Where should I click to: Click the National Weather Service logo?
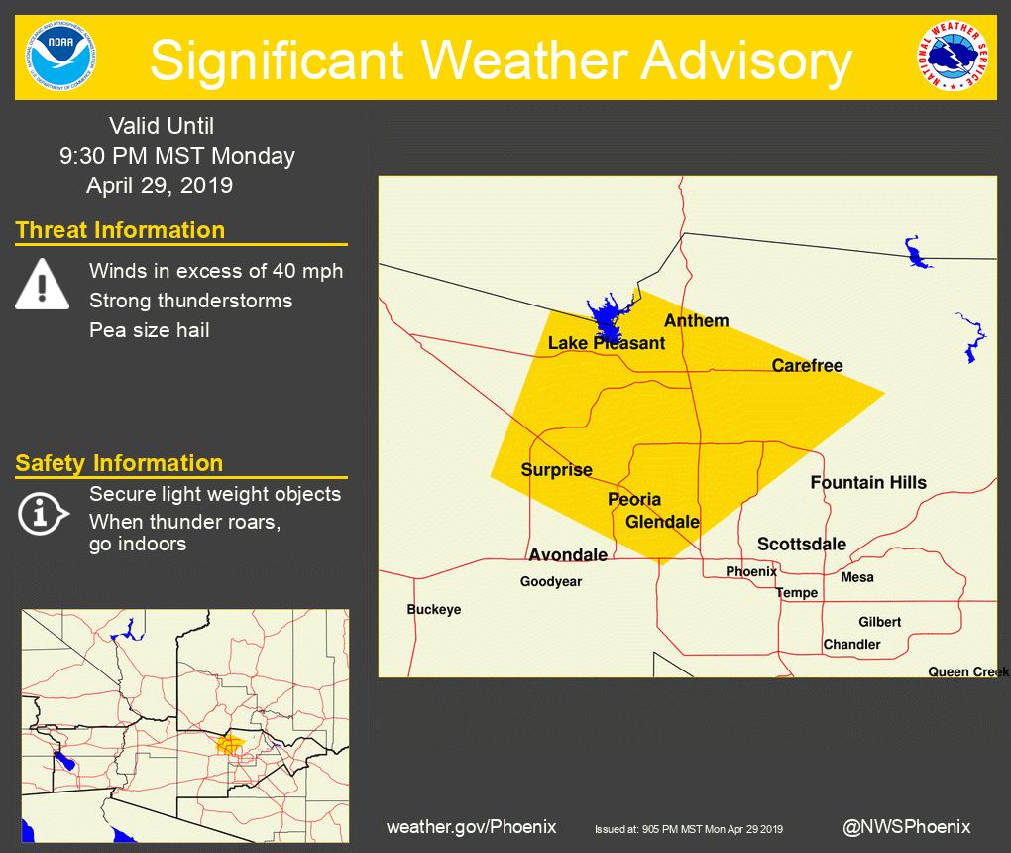coord(952,58)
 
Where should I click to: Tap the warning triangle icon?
coord(42,285)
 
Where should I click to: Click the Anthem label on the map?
coord(696,320)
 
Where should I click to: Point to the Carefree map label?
coord(807,366)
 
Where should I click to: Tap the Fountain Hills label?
coord(868,483)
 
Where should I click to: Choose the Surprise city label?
coord(557,470)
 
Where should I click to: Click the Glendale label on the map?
coord(662,522)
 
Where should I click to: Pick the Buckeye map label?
coord(434,609)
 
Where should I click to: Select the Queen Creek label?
coord(967,671)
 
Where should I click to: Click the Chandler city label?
coord(851,644)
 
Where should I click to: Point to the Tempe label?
coord(797,593)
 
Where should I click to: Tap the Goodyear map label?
coord(551,582)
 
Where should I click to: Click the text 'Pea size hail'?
coord(149,330)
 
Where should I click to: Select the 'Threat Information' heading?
coord(120,230)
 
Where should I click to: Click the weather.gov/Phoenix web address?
coord(471,826)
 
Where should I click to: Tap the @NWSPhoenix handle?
coord(906,826)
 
